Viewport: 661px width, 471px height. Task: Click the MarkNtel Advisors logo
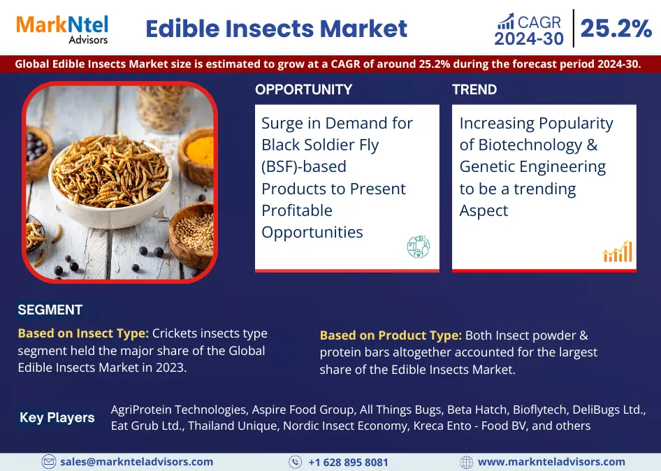pos(62,29)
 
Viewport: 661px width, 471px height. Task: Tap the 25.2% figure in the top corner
pos(616,29)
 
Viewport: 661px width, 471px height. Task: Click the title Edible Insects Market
pos(277,29)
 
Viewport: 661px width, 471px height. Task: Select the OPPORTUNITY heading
pos(303,89)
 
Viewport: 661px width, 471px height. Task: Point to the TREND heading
pos(474,89)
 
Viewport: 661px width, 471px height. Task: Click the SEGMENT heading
pos(50,310)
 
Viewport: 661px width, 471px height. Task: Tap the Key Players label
pos(57,417)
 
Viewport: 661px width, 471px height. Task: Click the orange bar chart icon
pos(618,252)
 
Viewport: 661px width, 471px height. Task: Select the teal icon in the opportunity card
pos(419,247)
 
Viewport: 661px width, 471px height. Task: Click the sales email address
pos(136,462)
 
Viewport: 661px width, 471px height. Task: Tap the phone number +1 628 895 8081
pos(348,462)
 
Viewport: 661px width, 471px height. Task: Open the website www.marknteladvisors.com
pos(551,462)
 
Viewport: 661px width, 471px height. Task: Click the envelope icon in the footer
pos(48,462)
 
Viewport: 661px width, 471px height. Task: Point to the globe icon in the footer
pos(466,462)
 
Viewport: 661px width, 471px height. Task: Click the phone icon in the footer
pos(295,462)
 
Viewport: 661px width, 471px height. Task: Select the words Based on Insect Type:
pos(83,333)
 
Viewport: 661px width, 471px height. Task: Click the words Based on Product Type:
pos(391,335)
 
